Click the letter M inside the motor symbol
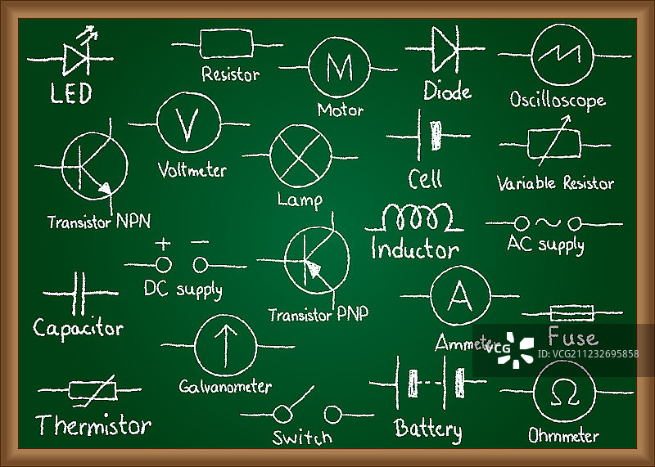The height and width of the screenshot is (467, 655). click(339, 67)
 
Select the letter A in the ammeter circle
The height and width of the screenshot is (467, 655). click(460, 298)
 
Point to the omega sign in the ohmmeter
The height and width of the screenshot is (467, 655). click(564, 395)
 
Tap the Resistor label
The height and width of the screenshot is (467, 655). click(230, 74)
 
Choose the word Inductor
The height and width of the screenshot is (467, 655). click(415, 248)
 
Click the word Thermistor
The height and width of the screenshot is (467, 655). click(93, 425)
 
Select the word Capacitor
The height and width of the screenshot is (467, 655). click(78, 329)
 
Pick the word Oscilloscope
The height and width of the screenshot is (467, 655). click(558, 100)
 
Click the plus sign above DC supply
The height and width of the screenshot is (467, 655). click(163, 243)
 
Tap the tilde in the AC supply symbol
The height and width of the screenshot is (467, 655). click(546, 222)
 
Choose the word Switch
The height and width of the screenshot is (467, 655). click(302, 437)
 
